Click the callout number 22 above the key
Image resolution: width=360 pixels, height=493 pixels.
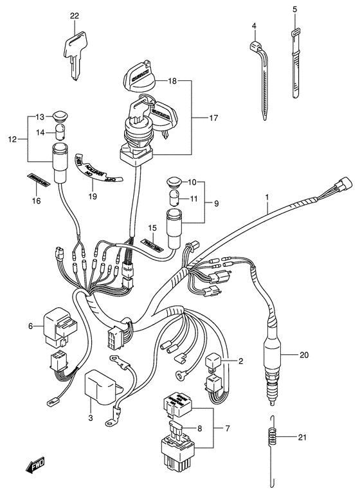point(74,16)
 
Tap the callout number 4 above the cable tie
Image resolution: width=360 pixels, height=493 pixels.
point(254,26)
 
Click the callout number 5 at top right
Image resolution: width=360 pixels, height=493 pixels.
point(295,10)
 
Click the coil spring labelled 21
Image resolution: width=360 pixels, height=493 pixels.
point(273,438)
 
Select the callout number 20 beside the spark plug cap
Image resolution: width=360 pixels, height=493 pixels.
point(304,354)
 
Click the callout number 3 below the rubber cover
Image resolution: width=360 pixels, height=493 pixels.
point(90,418)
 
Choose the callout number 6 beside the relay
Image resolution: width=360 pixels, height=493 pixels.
point(30,327)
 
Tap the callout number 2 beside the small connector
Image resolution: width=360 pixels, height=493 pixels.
point(241,361)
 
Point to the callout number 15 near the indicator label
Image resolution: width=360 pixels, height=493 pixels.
point(152,228)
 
